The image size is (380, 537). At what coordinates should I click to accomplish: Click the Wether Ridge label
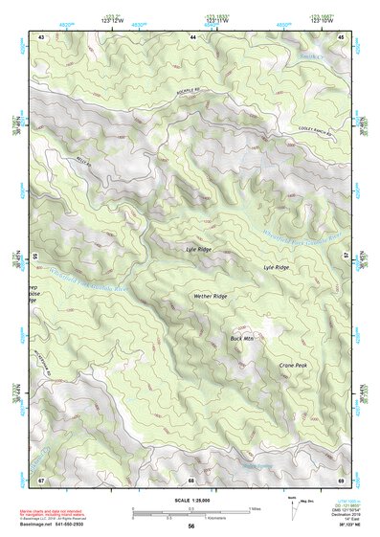point(208,297)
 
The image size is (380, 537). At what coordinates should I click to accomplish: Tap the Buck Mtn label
point(241,338)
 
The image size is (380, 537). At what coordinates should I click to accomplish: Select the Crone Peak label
point(293,366)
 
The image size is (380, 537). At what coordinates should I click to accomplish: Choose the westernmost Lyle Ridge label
point(198,248)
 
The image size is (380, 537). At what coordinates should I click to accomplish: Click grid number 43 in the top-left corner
point(41,36)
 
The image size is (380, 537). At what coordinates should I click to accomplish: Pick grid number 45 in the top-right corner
point(341,36)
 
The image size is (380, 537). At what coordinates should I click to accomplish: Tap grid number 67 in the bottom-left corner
point(41,479)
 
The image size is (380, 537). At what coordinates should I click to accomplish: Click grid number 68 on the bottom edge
point(191,479)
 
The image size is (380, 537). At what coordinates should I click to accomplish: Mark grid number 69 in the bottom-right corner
point(341,479)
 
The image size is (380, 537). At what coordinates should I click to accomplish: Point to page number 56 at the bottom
point(191,526)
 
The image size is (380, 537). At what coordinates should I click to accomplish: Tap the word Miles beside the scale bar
point(255,508)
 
